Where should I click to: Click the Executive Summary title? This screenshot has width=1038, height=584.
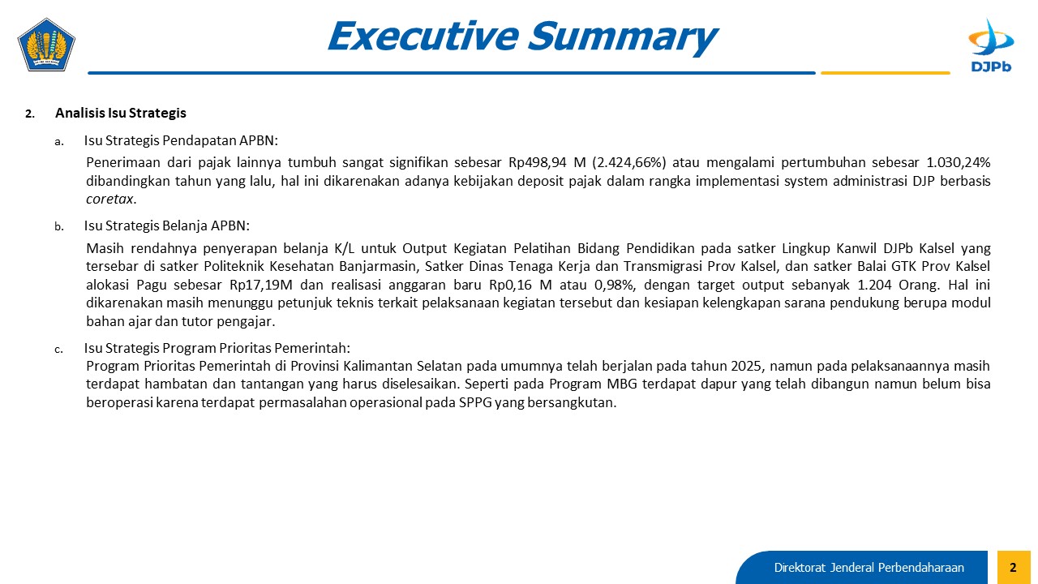[523, 36]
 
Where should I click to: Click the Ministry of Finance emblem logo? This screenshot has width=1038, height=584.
[46, 45]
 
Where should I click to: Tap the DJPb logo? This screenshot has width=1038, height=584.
[991, 45]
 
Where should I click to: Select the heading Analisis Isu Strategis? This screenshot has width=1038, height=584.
[121, 113]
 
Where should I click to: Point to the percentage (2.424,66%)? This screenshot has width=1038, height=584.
[629, 162]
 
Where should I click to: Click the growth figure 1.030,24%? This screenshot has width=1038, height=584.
[959, 162]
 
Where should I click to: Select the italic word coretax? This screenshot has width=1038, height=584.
[109, 200]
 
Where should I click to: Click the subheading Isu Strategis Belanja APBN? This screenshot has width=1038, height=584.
[167, 225]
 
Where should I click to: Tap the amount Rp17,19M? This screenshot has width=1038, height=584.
[261, 285]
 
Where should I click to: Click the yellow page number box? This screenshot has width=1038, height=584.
[1014, 567]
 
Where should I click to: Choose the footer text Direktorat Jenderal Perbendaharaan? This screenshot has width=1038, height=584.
[869, 568]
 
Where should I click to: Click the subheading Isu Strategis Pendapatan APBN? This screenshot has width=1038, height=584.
[181, 140]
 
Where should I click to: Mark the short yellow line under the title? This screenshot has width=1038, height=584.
[885, 73]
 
